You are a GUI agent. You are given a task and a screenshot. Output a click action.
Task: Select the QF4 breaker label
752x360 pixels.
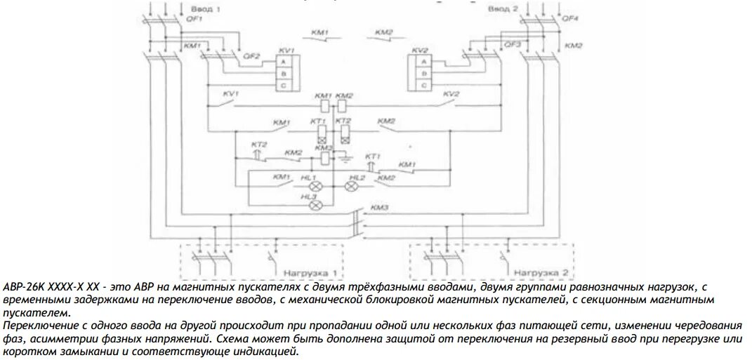(x=572, y=20)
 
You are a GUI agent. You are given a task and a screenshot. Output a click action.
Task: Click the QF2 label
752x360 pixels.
(x=251, y=55)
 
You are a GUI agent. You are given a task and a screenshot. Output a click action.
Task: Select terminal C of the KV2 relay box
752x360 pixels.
(x=423, y=85)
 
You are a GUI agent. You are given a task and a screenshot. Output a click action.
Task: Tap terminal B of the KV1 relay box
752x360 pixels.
(x=282, y=74)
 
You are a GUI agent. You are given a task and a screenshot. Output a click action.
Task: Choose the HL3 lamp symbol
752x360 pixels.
(x=316, y=206)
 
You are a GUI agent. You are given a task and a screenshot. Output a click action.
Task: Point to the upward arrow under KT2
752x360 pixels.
(x=256, y=152)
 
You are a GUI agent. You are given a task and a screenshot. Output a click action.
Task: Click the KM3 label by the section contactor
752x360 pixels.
(x=381, y=207)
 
